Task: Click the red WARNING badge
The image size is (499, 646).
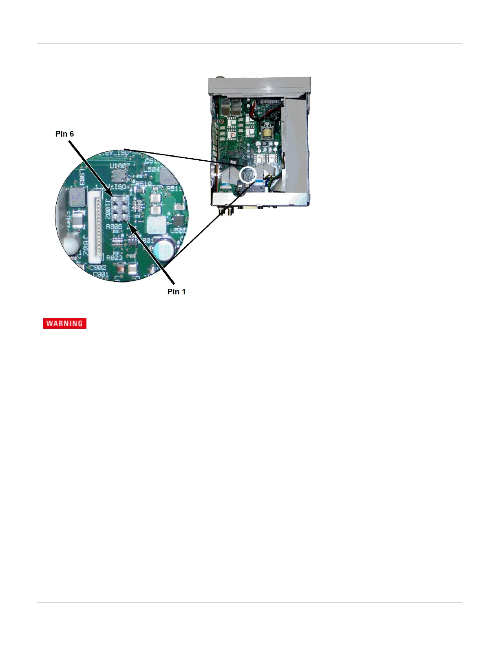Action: pos(65,323)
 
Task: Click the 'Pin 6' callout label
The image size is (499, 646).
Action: pos(64,134)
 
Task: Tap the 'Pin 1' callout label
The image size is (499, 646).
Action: pos(176,291)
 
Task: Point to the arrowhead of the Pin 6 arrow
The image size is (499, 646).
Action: pos(111,194)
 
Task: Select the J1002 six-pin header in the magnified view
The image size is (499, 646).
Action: pos(119,208)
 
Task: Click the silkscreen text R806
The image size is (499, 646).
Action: pos(114,226)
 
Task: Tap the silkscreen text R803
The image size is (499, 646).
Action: pos(114,258)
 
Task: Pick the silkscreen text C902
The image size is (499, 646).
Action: pos(98,267)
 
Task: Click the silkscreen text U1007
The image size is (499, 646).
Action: pos(119,166)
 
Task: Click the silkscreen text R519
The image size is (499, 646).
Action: pos(144,184)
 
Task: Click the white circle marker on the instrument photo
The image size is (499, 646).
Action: pos(247,175)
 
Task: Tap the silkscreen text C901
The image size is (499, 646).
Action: pos(101,274)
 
